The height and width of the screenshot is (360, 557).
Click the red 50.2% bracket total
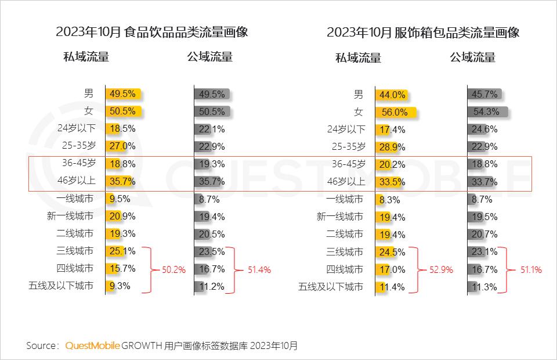coord(173,269)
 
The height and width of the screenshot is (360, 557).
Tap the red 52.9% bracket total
coord(442,269)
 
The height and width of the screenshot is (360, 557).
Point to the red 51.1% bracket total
coord(530,269)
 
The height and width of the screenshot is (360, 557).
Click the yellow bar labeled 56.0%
coord(397,113)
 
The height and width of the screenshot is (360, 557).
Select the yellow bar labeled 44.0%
coord(392,95)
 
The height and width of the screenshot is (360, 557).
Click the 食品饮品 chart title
coord(152,32)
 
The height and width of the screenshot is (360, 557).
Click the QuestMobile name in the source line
coord(93,345)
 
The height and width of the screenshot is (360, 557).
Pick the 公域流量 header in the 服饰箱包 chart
coord(472,57)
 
